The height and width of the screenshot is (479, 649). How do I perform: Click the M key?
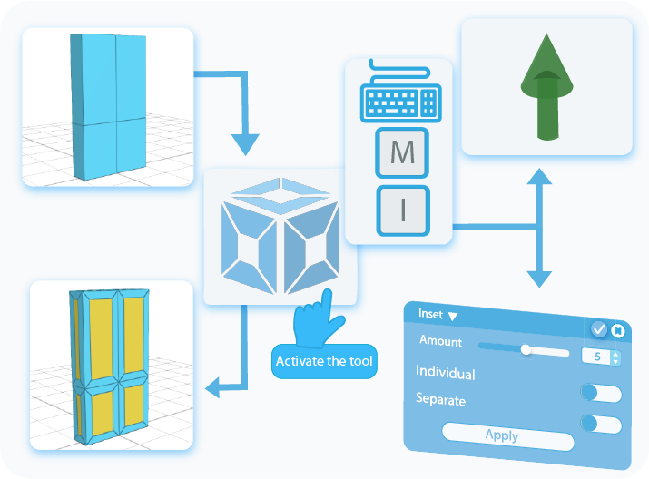pyautogui.click(x=402, y=153)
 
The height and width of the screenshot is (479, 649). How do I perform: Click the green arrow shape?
pyautogui.click(x=545, y=87)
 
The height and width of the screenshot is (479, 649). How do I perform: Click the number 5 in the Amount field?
pyautogui.click(x=597, y=357)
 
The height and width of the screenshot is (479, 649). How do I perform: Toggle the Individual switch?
pyautogui.click(x=601, y=393)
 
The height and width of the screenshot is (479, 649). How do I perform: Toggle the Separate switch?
pyautogui.click(x=601, y=424)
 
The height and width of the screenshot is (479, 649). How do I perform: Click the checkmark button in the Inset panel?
pyautogui.click(x=599, y=329)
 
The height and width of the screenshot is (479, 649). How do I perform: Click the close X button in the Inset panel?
pyautogui.click(x=618, y=331)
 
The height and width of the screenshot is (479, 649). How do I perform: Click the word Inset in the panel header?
pyautogui.click(x=430, y=314)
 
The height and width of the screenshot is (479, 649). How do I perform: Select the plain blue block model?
pyautogui.click(x=107, y=107)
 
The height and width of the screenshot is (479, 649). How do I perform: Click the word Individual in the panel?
pyautogui.click(x=445, y=372)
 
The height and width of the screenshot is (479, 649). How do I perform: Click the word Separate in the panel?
pyautogui.click(x=440, y=398)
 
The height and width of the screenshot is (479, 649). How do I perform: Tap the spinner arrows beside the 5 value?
pyautogui.click(x=615, y=357)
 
